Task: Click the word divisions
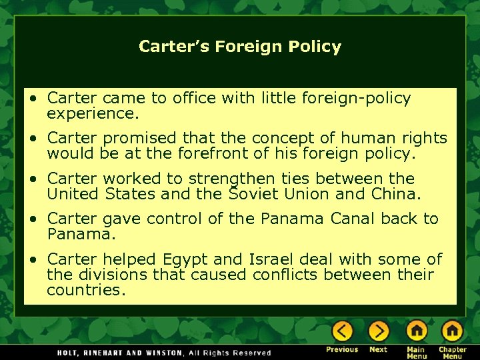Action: click(x=98, y=275)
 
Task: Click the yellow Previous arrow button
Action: click(x=342, y=331)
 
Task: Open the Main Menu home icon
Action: click(x=417, y=331)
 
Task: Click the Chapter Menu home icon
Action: click(x=452, y=331)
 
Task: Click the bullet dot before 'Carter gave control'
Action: click(x=32, y=219)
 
